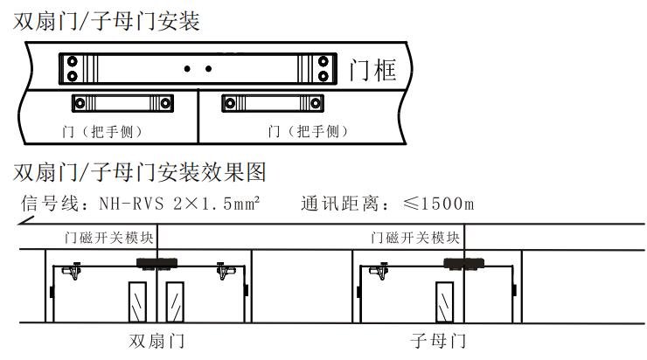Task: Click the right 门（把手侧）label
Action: [308, 131]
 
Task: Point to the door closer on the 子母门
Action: [381, 270]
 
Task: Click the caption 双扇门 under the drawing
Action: [157, 341]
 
